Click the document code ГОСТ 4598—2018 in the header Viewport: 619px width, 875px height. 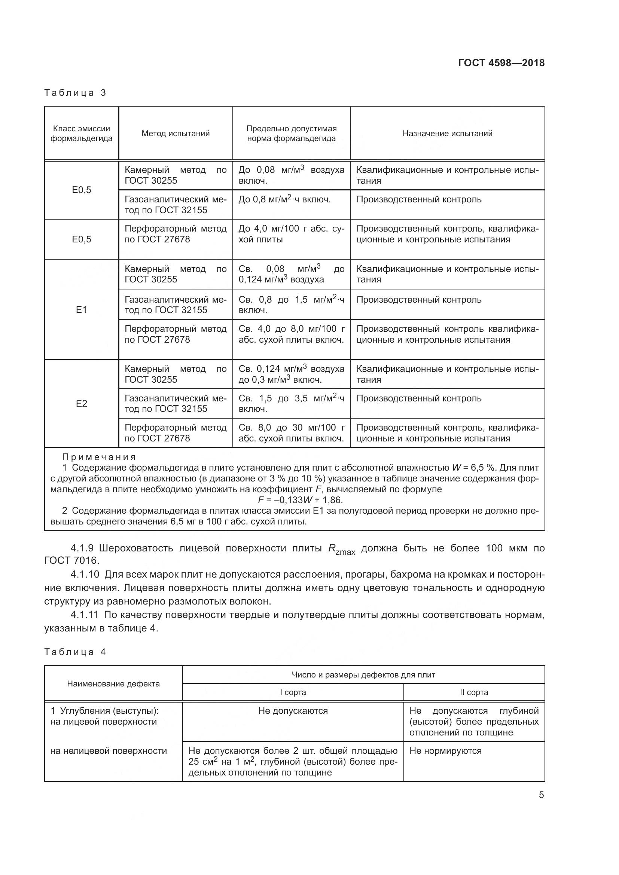click(501, 63)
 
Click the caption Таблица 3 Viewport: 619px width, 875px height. click(75, 93)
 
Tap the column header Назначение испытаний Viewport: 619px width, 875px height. click(447, 134)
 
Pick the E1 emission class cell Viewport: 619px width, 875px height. click(82, 309)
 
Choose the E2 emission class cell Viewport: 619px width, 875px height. click(82, 403)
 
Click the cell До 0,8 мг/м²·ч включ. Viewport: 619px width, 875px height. click(284, 199)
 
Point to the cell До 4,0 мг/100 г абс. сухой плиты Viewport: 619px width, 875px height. click(291, 234)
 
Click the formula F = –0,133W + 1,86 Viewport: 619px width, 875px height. click(300, 500)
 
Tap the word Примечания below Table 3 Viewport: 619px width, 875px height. click(99, 457)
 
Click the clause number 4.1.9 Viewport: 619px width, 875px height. click(82, 548)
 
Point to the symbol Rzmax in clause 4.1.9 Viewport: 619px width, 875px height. click(341, 550)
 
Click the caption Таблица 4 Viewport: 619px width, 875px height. click(75, 652)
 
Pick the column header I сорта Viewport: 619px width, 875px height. click(293, 692)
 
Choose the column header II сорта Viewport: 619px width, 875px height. click(474, 692)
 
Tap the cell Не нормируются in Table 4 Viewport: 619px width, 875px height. click(445, 751)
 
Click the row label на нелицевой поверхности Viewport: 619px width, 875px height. click(109, 751)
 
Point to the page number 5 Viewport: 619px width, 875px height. click(541, 795)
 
